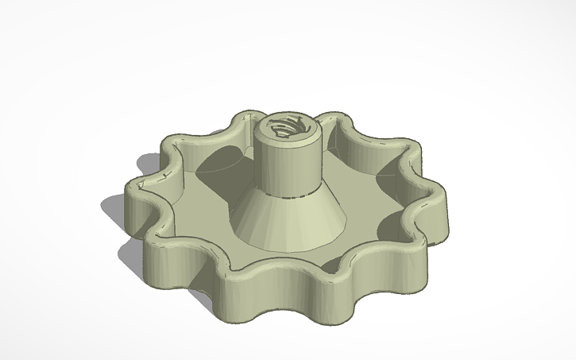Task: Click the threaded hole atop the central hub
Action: (x=288, y=127)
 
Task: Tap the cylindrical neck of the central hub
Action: (x=287, y=163)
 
